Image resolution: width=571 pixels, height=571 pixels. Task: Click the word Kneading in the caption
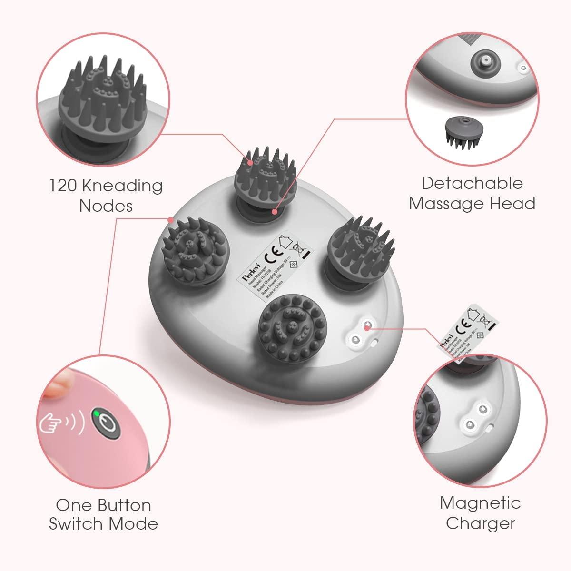click(x=125, y=186)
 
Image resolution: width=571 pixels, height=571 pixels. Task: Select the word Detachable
click(x=472, y=183)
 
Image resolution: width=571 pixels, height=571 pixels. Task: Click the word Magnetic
click(x=480, y=502)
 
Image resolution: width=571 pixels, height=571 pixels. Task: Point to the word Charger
click(x=480, y=523)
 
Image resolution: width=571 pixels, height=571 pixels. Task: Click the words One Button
click(x=103, y=504)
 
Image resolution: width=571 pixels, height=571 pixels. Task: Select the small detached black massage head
click(x=461, y=130)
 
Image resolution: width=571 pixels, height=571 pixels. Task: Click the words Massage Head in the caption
click(x=472, y=204)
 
